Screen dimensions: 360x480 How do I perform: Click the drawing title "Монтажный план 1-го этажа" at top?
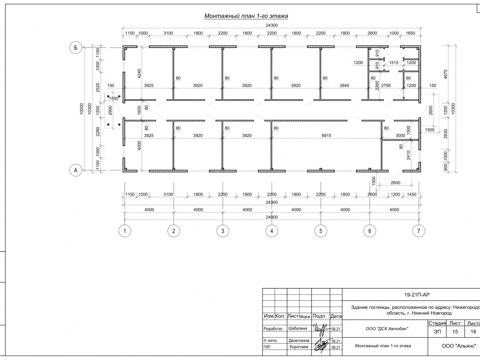tap(246, 16)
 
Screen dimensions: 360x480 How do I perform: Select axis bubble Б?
tap(75, 48)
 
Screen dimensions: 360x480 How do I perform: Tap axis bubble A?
tap(75, 171)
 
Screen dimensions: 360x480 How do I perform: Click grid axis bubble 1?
tap(125, 231)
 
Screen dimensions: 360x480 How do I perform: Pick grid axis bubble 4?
tap(272, 231)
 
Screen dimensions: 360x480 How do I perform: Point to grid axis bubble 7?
tap(418, 231)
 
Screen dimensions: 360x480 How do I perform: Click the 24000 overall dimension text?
tap(271, 217)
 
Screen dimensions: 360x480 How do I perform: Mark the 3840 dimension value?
tap(344, 86)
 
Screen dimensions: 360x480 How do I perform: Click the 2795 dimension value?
tap(386, 86)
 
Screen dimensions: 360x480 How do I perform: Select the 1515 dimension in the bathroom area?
tap(394, 63)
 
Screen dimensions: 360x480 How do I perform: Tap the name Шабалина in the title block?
tap(298, 328)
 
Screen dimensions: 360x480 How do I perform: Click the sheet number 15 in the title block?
tap(455, 332)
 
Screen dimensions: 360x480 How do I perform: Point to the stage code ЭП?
tap(437, 332)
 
